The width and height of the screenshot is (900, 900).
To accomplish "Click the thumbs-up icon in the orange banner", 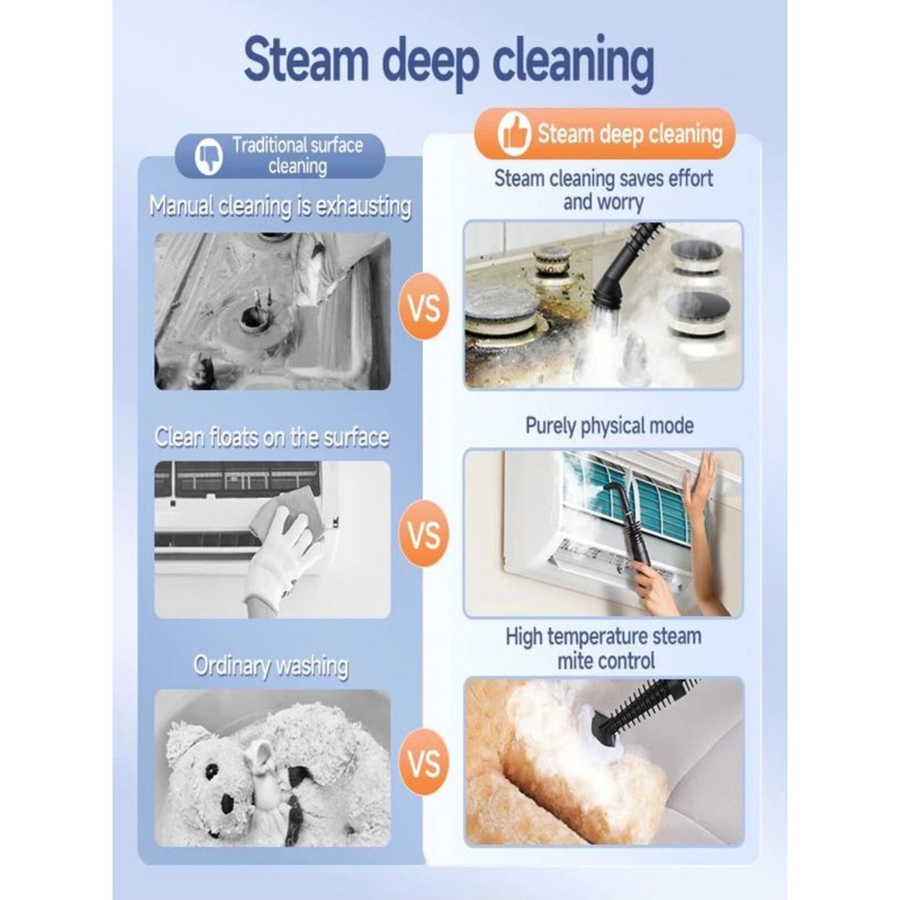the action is pos(514,134).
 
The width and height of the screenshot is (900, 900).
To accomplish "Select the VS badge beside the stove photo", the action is pos(424,307).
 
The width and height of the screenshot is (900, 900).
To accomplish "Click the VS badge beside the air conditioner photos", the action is pos(424,534).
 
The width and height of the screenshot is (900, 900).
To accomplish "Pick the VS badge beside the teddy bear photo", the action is pos(424,762).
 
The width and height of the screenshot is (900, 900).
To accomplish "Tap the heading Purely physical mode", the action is pos(609,425).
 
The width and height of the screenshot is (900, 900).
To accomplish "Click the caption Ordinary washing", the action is pos(271,666).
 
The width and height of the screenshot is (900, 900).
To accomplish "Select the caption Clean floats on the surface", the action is pos(271,437).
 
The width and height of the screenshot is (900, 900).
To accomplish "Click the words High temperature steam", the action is pos(604,637).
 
